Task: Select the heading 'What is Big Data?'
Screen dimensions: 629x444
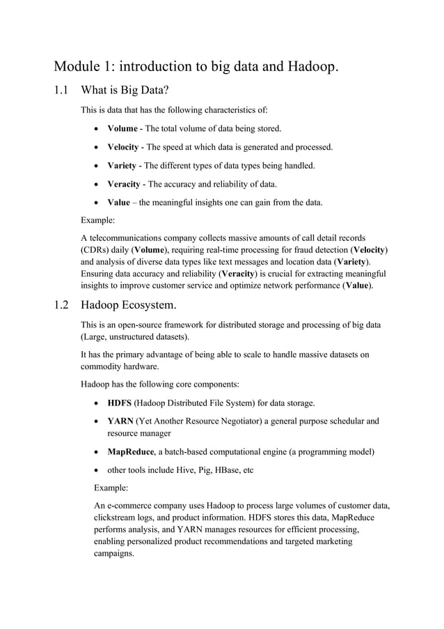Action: point(125,90)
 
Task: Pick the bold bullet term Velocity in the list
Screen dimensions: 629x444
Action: point(123,147)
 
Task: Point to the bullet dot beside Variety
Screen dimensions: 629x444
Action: point(96,166)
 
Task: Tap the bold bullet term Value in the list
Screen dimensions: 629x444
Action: point(119,203)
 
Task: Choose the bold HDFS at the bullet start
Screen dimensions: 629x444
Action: point(120,403)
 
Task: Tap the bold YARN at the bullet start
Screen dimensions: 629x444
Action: point(120,421)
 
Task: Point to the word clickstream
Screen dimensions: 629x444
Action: point(118,517)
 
